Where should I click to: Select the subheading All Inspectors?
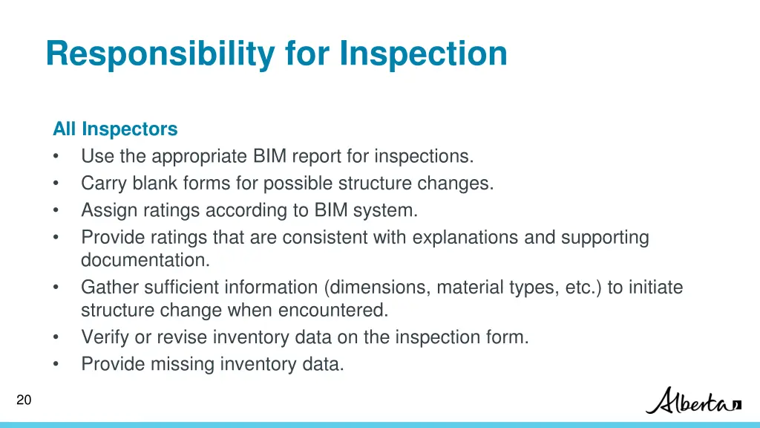coord(115,129)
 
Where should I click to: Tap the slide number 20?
coord(24,401)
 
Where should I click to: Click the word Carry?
coord(104,184)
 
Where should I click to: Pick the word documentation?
coord(145,261)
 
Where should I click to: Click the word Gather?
coord(107,288)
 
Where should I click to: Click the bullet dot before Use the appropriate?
coord(56,157)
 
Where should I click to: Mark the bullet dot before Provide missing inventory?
coord(56,364)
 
